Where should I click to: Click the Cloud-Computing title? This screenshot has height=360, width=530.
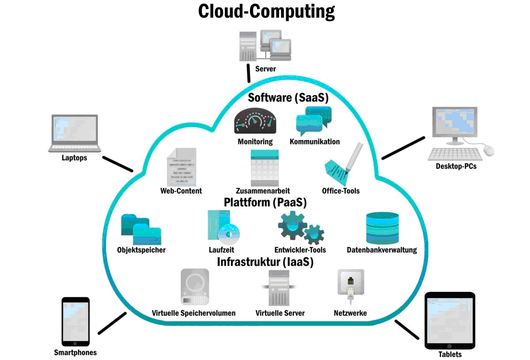(266, 11)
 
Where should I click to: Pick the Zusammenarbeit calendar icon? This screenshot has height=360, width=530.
(264, 168)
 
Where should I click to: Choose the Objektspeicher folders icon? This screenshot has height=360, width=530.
(141, 229)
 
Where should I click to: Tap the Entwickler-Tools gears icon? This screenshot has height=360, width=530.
(301, 227)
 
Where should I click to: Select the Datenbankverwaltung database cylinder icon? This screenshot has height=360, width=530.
(382, 228)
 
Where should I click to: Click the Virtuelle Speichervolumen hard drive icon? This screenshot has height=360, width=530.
(195, 287)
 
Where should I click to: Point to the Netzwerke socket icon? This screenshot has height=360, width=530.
(351, 285)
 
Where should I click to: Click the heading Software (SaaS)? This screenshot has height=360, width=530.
(288, 97)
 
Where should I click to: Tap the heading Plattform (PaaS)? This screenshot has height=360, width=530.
(265, 202)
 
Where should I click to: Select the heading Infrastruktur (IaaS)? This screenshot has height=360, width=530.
(265, 262)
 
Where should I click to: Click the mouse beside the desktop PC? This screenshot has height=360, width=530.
(488, 150)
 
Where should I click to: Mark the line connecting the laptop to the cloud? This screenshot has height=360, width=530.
(117, 163)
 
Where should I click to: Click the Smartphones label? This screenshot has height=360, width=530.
(75, 352)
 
